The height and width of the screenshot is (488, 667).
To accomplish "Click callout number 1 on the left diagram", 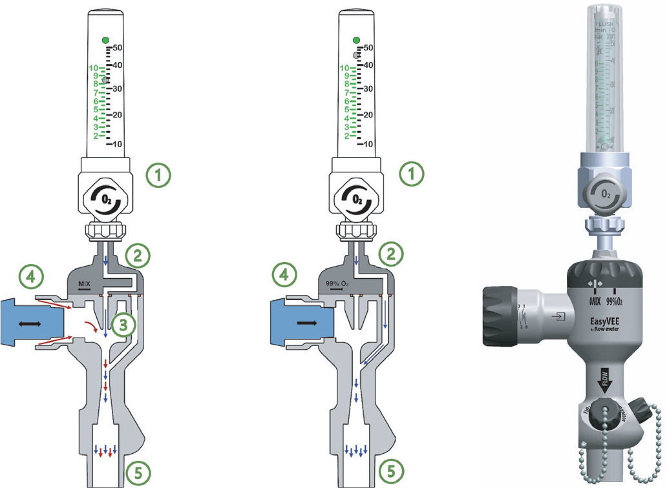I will coord(157,174).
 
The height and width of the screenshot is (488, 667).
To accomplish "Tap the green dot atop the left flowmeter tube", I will coord(106,40).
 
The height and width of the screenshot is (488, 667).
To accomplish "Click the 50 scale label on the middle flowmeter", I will coord(368,48).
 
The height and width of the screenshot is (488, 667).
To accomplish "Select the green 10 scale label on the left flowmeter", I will coord(93,68).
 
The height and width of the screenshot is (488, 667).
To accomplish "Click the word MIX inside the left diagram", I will coord(85,283).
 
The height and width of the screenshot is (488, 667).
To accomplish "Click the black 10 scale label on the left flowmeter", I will coord(118,144).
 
